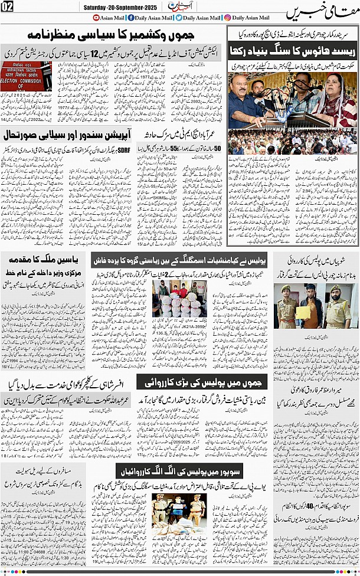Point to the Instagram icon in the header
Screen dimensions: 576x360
pos(228,18)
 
